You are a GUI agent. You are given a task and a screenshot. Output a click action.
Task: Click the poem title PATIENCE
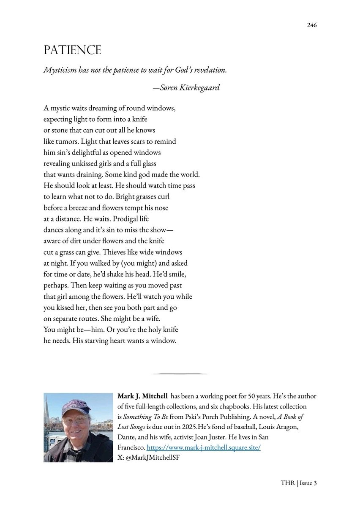72,50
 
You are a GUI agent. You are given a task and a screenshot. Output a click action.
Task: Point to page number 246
311,25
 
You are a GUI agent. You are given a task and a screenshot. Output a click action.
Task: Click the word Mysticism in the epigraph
61,70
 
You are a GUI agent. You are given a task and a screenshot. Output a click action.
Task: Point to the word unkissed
87,162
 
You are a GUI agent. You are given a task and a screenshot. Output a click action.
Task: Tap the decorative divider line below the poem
180,374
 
